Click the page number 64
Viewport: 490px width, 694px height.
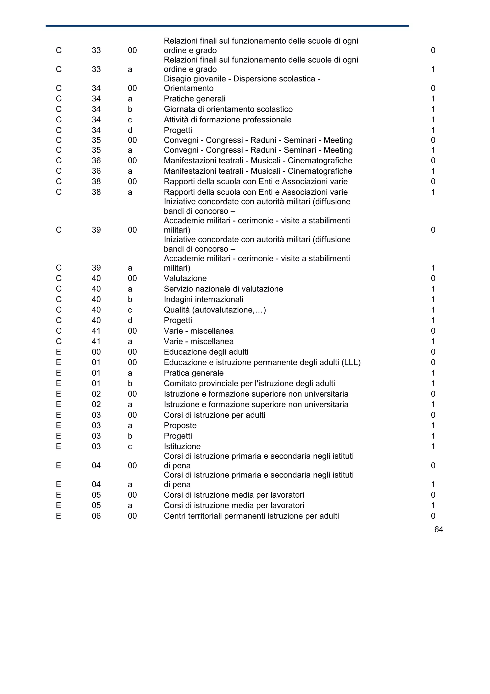pyautogui.click(x=438, y=529)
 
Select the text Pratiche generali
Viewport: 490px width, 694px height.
pyautogui.click(x=195, y=99)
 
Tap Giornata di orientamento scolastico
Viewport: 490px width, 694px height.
pyautogui.click(x=228, y=109)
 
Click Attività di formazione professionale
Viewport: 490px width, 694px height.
pyautogui.click(x=227, y=120)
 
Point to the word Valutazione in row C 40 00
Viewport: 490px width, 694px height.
pyautogui.click(x=185, y=278)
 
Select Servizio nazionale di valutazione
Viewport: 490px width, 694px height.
pyautogui.click(x=223, y=289)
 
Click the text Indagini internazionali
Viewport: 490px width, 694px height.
pyautogui.click(x=203, y=299)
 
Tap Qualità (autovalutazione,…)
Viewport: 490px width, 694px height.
pyautogui.click(x=215, y=310)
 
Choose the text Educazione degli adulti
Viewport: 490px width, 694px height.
pyautogui.click(x=206, y=352)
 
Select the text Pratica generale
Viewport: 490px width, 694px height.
pyautogui.click(x=194, y=373)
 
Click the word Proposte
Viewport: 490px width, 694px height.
pyautogui.click(x=180, y=425)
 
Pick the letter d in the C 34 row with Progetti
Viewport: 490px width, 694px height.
pyautogui.click(x=130, y=130)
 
